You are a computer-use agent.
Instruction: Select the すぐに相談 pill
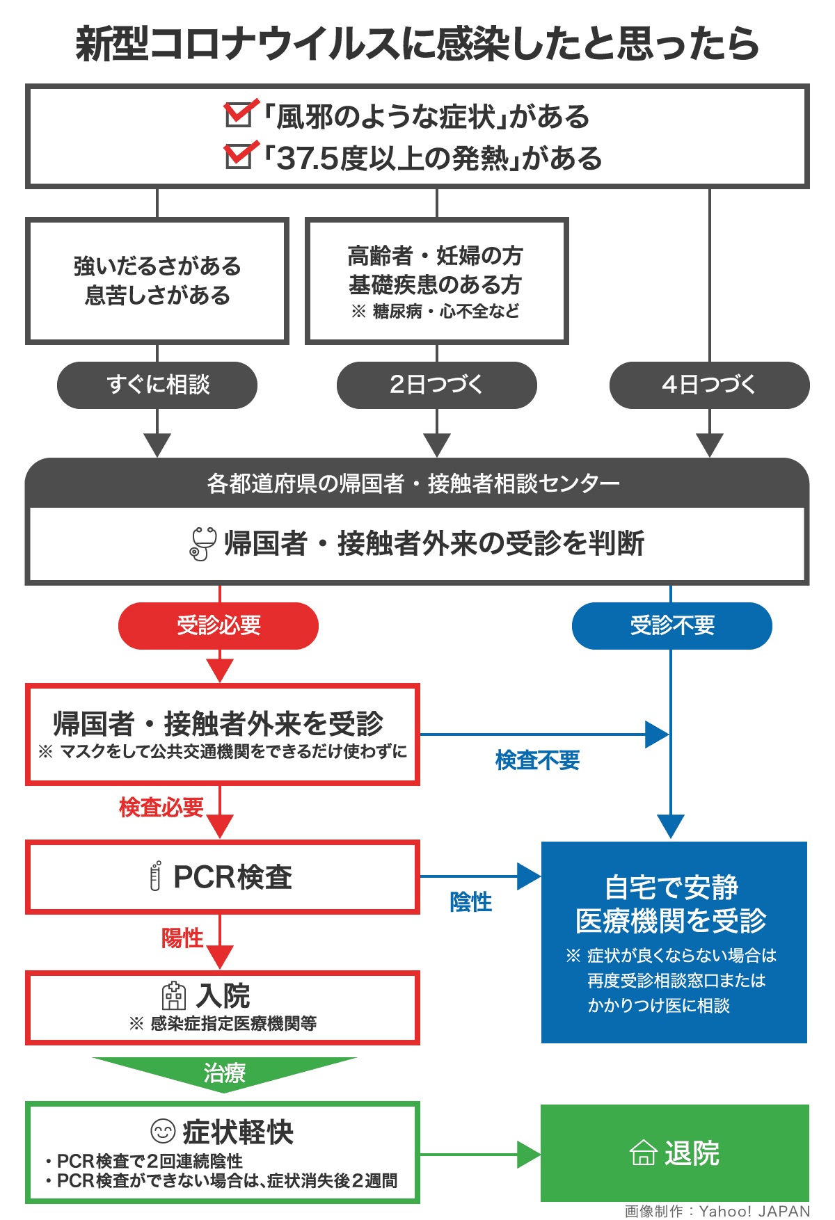(157, 385)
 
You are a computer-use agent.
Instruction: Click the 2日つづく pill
(436, 385)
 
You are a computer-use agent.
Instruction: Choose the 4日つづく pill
(709, 385)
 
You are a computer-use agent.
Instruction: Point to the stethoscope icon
(203, 543)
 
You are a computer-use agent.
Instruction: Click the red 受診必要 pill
(218, 625)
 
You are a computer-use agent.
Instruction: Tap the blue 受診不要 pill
(671, 625)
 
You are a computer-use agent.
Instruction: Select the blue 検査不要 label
(537, 760)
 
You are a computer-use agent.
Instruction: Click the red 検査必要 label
(161, 807)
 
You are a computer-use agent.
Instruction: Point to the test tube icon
(155, 876)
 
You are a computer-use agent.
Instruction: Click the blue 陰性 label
(470, 902)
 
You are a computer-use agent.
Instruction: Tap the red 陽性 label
(182, 938)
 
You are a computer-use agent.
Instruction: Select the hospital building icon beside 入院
(174, 996)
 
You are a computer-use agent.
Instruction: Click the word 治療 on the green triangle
(224, 1073)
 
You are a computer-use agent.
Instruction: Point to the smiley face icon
(163, 1131)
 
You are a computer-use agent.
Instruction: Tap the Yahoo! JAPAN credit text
(717, 1211)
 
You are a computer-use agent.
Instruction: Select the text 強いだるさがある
(157, 266)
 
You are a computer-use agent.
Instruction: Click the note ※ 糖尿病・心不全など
(436, 311)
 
